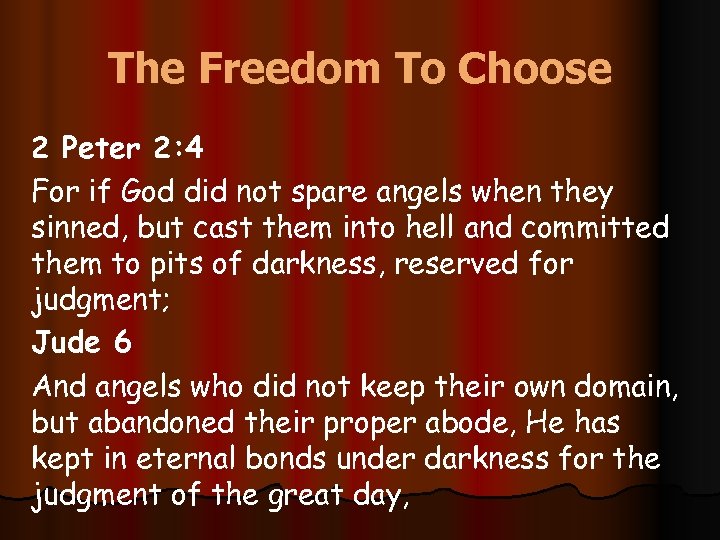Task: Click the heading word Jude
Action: tap(67, 343)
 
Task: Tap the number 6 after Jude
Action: tap(122, 343)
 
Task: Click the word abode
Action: tap(469, 422)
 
